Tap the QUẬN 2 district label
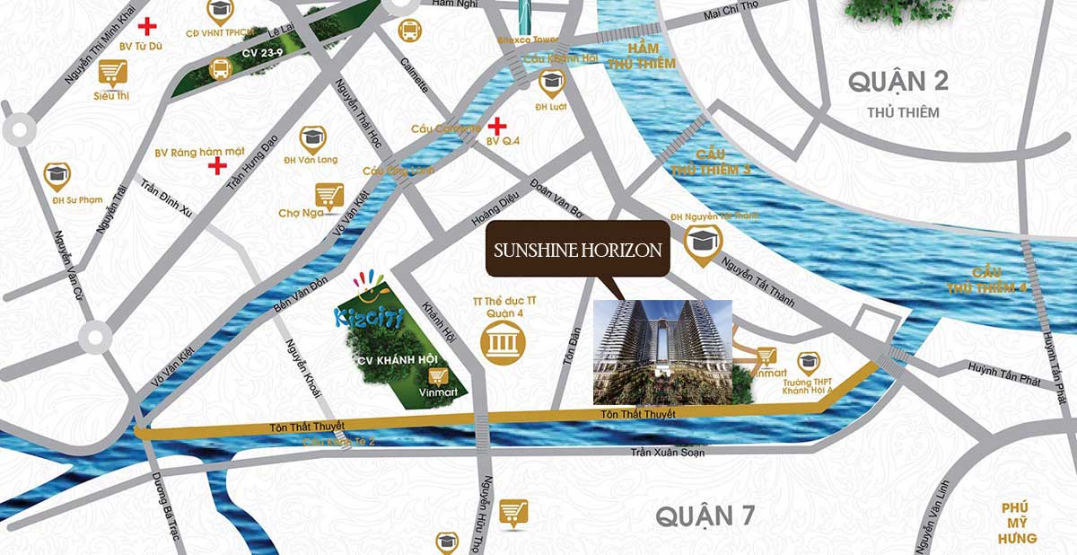pyautogui.click(x=899, y=82)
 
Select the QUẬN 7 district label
pyautogui.click(x=705, y=516)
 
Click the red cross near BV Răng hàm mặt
pyautogui.click(x=216, y=165)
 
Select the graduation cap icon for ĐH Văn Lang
pyautogui.click(x=312, y=138)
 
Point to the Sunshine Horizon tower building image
pyautogui.click(x=662, y=351)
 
